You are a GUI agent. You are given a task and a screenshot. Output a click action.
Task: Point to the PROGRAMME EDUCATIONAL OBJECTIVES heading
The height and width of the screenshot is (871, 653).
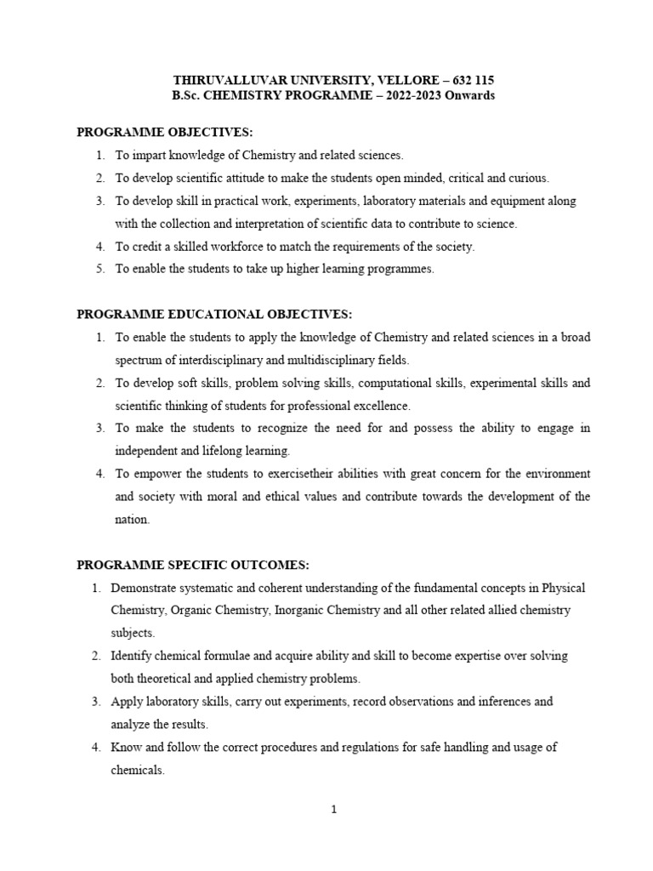pos(214,314)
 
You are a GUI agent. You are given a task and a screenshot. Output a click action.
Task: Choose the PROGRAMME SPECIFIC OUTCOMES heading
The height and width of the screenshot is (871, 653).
pos(194,565)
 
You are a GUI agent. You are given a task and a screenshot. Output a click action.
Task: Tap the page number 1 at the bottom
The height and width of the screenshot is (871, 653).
pos(334,810)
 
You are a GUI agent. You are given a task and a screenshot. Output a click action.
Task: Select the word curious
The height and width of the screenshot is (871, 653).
pos(531,178)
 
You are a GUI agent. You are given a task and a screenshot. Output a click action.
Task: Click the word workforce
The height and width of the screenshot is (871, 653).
pos(233,246)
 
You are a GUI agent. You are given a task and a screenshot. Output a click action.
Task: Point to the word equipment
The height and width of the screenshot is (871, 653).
pos(519,201)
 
